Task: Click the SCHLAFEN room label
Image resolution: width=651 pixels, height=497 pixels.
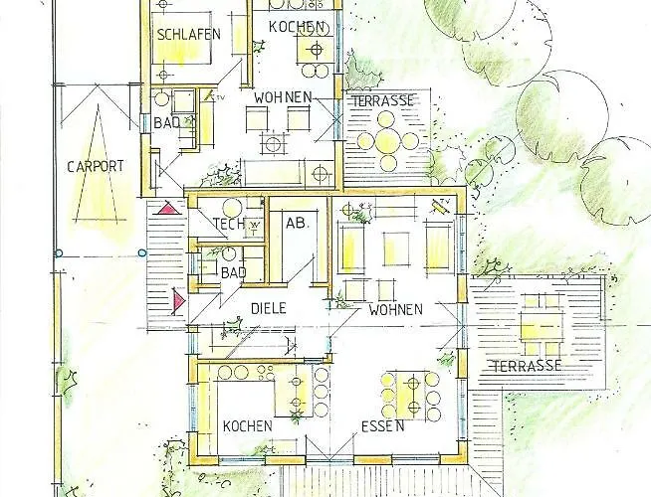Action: click(188, 34)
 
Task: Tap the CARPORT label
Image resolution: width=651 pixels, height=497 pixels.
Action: click(96, 166)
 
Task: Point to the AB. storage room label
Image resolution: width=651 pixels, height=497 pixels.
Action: click(297, 225)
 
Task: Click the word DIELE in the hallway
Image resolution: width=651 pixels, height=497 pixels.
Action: click(268, 308)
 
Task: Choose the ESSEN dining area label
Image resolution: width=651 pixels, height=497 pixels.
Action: click(383, 426)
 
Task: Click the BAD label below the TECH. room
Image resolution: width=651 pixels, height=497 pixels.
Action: click(233, 272)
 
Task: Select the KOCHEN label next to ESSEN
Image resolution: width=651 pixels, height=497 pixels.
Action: click(247, 425)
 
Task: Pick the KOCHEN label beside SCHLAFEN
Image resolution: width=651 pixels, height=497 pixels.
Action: click(297, 26)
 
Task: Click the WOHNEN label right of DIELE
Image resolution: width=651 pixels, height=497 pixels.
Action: click(396, 309)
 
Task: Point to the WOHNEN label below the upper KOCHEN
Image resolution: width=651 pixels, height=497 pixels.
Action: click(284, 97)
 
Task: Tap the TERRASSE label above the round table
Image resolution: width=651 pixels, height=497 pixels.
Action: click(382, 101)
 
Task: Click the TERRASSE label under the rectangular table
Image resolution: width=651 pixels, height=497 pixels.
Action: click(526, 366)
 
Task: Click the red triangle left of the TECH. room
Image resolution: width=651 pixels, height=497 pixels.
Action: click(167, 210)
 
